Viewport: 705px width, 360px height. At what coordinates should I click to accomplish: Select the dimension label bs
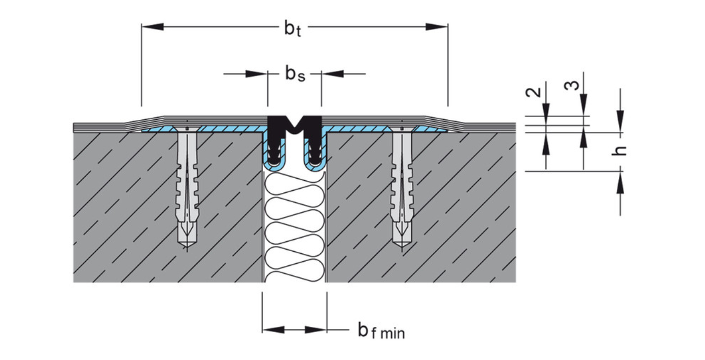coord(295,74)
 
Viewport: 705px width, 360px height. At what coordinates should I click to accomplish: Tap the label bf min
coord(381,331)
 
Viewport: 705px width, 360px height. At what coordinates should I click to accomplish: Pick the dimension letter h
coord(620,150)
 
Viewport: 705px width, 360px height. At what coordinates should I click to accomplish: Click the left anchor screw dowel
coord(187,184)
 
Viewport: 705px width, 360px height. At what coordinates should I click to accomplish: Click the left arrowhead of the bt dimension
coord(152,26)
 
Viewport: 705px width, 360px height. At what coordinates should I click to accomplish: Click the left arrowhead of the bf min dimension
coord(273,330)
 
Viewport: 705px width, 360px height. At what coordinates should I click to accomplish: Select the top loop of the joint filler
coord(294,184)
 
